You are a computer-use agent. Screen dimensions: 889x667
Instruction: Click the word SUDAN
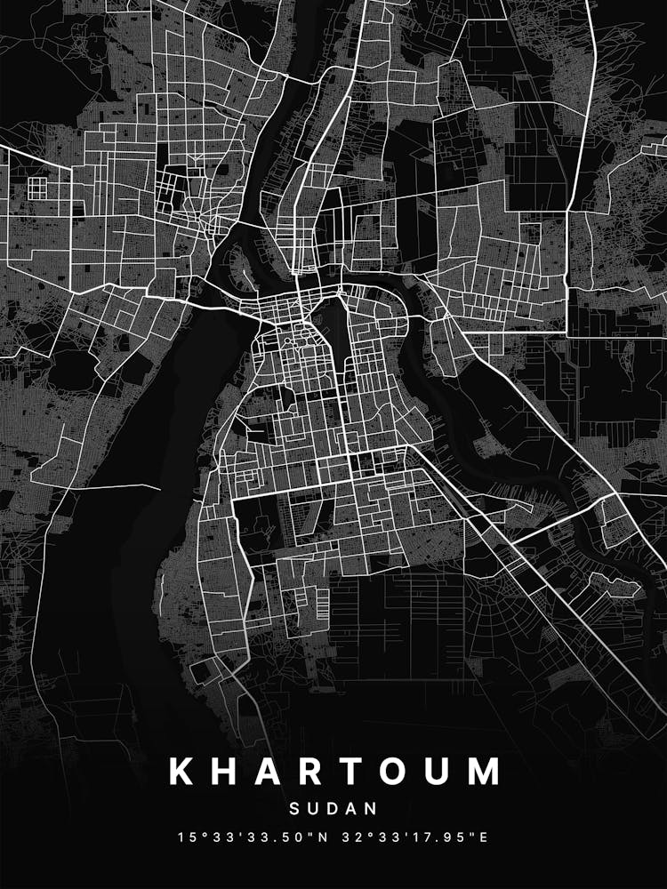333,809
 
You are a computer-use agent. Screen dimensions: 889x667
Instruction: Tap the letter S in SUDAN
295,809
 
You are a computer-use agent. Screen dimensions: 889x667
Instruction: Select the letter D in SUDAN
333,809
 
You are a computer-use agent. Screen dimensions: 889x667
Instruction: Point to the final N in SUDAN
372,809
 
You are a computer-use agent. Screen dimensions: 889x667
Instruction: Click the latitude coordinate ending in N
250,837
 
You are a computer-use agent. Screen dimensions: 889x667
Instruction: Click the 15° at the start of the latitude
189,837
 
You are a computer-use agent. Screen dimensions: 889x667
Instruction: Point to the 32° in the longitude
354,837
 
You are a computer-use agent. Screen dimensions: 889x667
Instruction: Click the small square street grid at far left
37,188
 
